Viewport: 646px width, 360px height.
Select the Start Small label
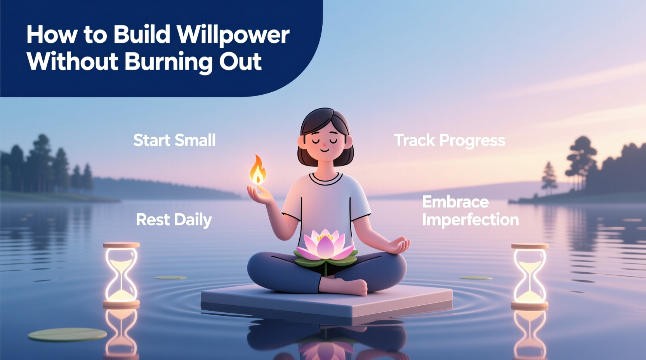174,140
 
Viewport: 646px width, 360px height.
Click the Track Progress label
450,140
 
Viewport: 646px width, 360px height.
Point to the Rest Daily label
174,220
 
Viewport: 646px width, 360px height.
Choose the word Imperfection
470,220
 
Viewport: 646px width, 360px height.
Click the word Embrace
455,202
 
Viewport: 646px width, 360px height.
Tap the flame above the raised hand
258,170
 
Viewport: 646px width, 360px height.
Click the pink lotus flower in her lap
325,245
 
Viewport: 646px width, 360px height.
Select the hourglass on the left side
121,275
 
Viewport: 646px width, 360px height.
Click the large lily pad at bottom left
67,334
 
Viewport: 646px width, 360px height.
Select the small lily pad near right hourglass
476,277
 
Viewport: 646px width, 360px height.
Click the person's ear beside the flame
301,142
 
